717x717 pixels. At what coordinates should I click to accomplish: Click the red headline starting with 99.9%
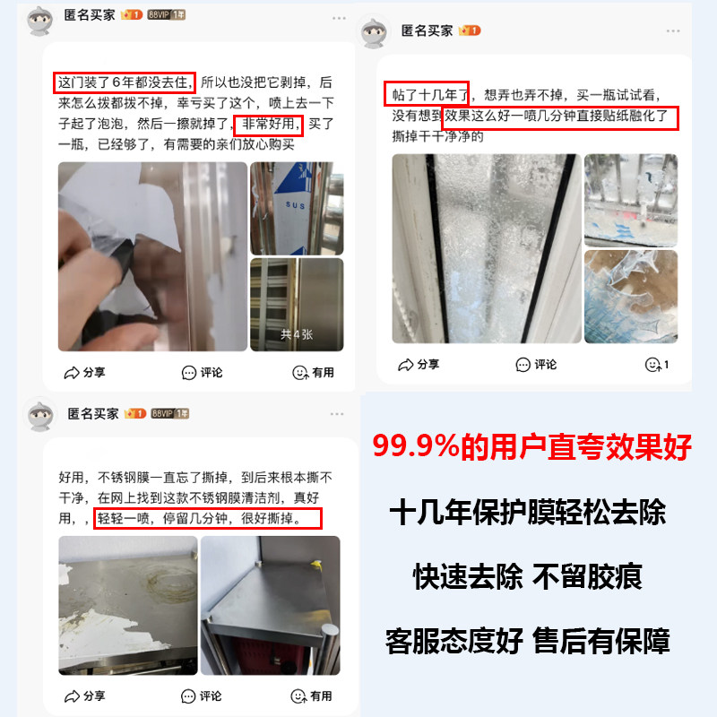coord(532,447)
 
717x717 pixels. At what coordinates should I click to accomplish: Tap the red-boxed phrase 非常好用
coord(269,125)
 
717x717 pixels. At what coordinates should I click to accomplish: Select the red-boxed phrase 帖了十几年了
coord(427,94)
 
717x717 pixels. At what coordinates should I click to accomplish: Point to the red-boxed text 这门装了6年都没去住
coord(123,82)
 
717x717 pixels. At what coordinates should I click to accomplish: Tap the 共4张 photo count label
coord(297,335)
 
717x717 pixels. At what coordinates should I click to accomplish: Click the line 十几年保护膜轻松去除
coord(528,514)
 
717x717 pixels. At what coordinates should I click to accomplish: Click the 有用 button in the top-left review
coord(313,372)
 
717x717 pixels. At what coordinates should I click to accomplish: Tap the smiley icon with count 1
coord(657,364)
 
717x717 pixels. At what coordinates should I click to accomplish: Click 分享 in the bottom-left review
coord(85,695)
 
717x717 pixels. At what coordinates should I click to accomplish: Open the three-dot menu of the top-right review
coord(671,30)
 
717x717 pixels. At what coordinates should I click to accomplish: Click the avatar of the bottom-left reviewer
coord(39,416)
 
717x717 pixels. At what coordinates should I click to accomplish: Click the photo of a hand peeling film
coord(152,256)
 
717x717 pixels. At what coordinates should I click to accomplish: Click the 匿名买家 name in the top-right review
coord(427,30)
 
